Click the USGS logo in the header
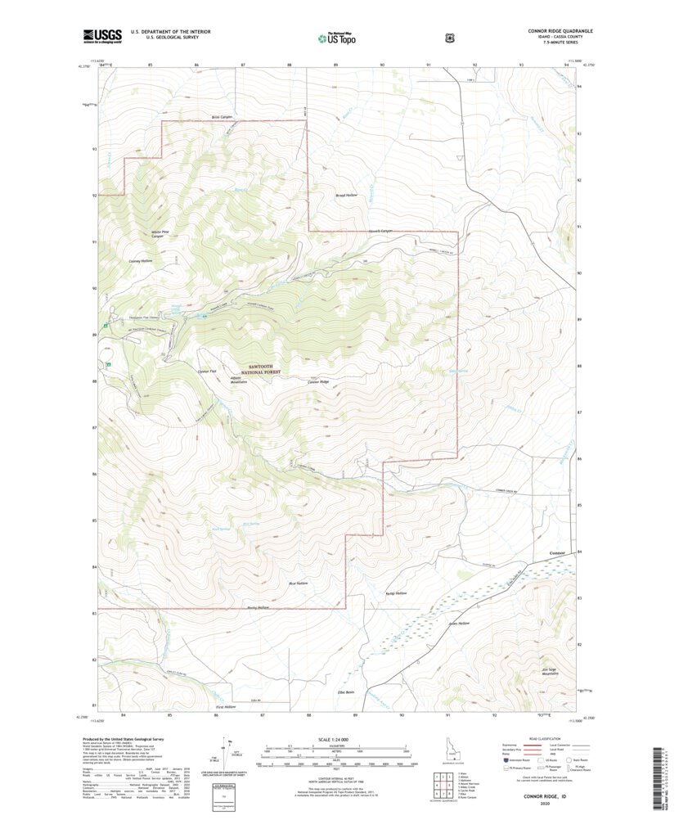click(102, 35)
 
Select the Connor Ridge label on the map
click(318, 382)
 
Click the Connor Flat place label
click(209, 371)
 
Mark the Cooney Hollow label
click(141, 260)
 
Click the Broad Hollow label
click(347, 196)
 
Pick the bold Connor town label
click(557, 554)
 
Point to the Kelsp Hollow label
click(395, 593)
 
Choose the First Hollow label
click(225, 705)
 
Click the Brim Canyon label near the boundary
click(222, 117)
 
